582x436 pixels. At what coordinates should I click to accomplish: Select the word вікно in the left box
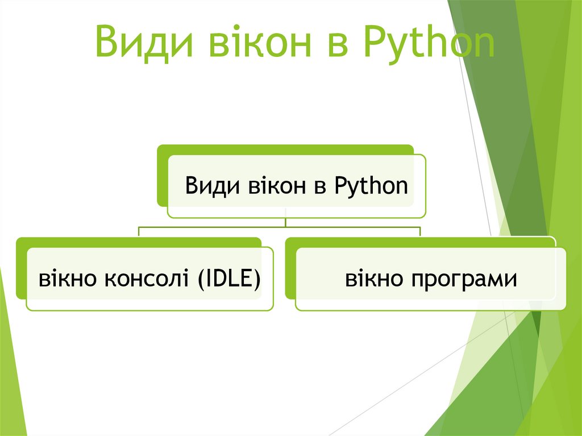(63, 279)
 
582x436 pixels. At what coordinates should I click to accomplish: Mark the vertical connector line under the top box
(285, 221)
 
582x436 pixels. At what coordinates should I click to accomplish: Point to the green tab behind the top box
(162, 176)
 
